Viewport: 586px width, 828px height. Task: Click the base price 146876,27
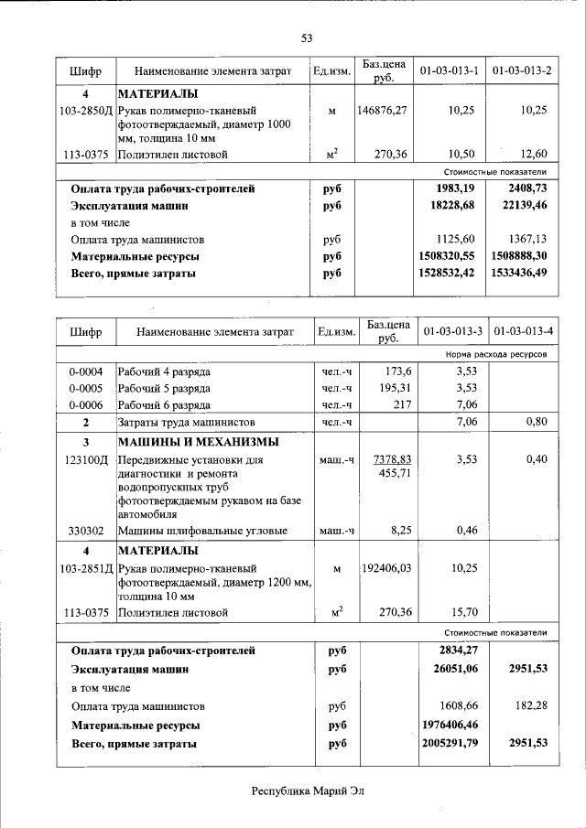click(x=383, y=111)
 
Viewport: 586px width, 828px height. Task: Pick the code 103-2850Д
click(x=84, y=111)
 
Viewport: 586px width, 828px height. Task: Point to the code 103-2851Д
click(x=85, y=568)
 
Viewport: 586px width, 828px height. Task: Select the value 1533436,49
click(x=519, y=273)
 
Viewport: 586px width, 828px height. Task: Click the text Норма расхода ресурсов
click(x=496, y=353)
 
